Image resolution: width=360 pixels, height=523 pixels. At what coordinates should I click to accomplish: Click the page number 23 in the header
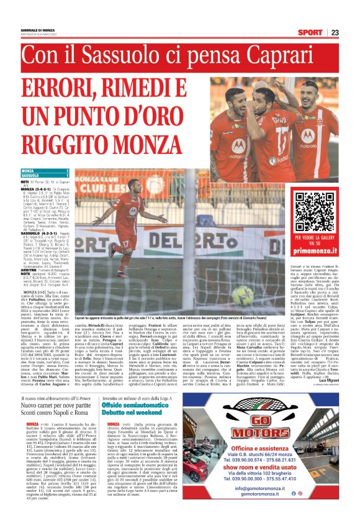tap(351, 32)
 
